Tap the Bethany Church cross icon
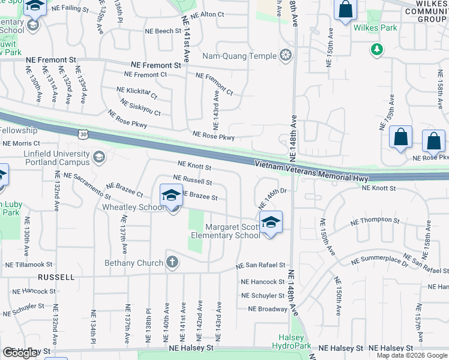[x=172, y=262]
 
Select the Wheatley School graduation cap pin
[x=171, y=196]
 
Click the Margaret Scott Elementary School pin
[x=271, y=223]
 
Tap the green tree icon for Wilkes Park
[x=377, y=49]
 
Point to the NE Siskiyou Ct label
[x=140, y=107]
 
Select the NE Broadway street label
[x=268, y=309]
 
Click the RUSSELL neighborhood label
[x=56, y=277]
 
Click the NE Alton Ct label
[x=206, y=14]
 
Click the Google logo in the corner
[x=20, y=353]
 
